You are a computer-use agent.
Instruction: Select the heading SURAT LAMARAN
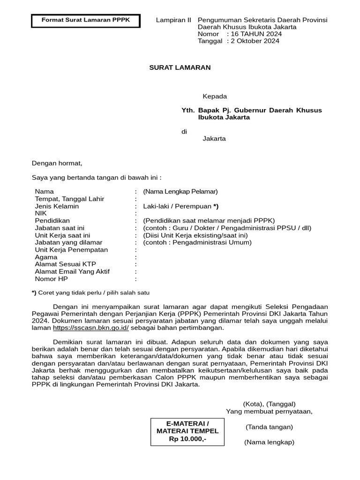(180, 67)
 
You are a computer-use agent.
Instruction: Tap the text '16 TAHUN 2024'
(256, 34)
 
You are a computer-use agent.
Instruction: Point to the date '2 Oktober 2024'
(255, 41)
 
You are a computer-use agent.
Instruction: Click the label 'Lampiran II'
(173, 20)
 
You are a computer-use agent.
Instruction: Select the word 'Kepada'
(215, 97)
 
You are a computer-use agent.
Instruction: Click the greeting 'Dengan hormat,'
(57, 164)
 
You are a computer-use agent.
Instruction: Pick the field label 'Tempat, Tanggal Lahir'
(69, 199)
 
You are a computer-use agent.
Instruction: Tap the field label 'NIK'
(41, 214)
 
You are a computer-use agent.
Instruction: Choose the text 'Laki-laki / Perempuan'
(178, 206)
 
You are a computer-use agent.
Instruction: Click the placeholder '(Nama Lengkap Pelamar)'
(180, 192)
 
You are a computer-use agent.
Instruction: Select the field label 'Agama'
(46, 257)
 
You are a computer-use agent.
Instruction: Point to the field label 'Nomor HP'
(51, 279)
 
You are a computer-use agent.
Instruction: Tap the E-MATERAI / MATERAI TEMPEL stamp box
(187, 431)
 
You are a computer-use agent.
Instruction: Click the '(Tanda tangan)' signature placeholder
(269, 427)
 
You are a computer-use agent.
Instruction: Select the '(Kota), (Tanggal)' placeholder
(269, 404)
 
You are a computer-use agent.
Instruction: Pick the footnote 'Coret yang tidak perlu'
(72, 292)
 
